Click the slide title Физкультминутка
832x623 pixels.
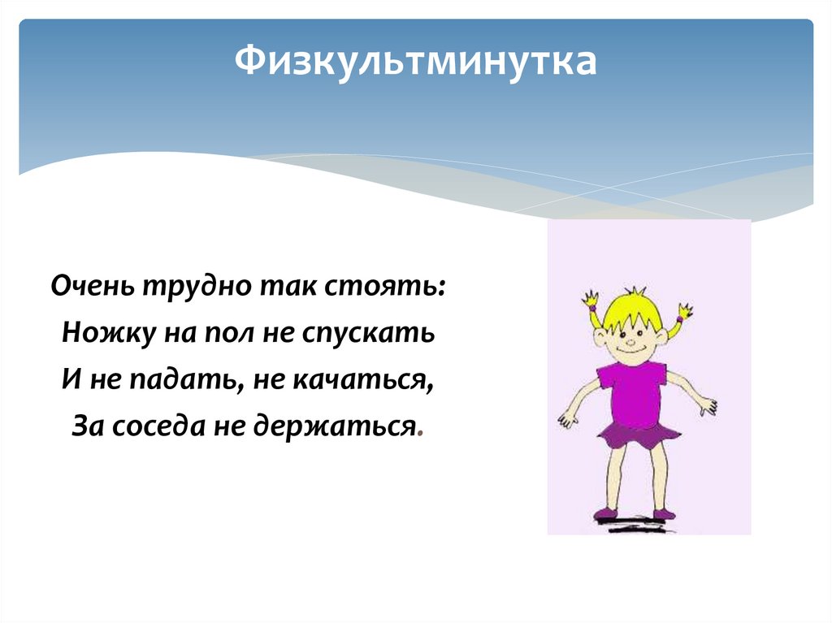point(415,62)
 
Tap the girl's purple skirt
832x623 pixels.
point(638,435)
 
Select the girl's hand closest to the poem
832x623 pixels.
point(567,420)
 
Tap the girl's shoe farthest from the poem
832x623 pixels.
point(663,514)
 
